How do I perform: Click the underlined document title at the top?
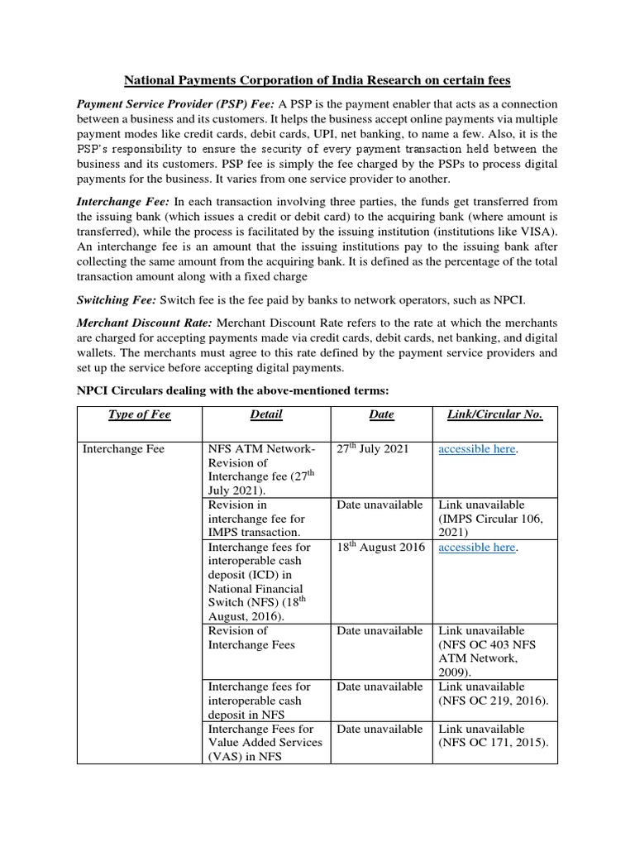point(317,80)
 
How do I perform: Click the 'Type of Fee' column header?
point(139,414)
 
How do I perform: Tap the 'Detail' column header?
point(265,414)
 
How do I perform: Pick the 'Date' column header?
point(381,414)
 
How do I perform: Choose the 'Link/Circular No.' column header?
point(494,414)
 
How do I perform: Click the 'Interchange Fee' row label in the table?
point(124,449)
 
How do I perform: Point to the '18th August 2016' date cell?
point(380,548)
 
